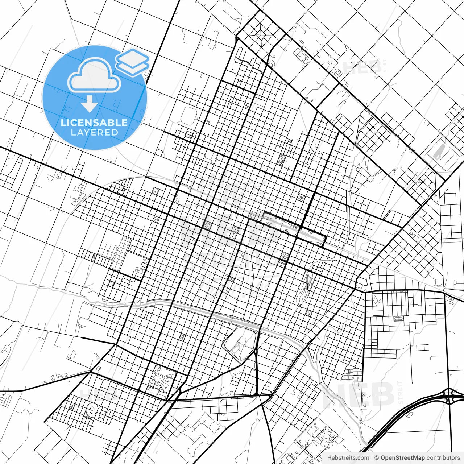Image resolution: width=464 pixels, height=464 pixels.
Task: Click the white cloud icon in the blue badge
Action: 94,75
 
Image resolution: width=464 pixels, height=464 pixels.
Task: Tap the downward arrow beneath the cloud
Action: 89,105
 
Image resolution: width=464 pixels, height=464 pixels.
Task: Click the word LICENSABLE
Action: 94,123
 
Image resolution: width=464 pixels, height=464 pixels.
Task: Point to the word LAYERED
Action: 94,132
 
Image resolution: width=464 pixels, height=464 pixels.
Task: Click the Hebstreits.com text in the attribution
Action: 348,458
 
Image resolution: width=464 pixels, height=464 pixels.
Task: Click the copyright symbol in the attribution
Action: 377,458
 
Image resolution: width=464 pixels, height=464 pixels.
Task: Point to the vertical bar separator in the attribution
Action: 372,458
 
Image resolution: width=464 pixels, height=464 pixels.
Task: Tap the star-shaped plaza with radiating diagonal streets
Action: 261,35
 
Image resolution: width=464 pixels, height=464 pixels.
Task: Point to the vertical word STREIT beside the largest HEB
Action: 400,393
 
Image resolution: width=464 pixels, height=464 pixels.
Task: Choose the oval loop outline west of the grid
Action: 188,115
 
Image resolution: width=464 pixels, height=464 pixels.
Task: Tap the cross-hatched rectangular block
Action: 281,159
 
